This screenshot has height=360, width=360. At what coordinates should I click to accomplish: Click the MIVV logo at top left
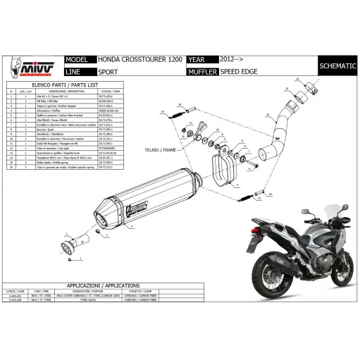click(x=29, y=70)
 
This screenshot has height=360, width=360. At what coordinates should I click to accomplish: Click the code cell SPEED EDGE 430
click(x=107, y=111)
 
